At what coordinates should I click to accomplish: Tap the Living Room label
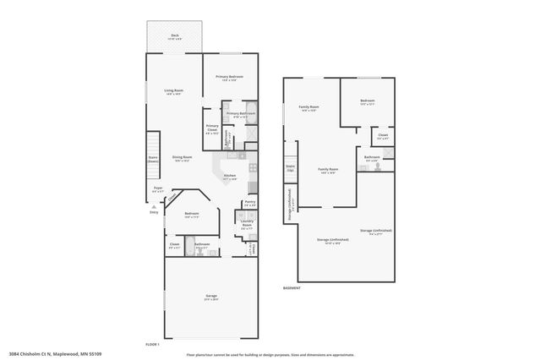(x=174, y=91)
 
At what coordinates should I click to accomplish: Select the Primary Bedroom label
(x=228, y=77)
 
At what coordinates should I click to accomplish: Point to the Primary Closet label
(x=212, y=128)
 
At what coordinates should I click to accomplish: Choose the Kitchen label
(x=229, y=176)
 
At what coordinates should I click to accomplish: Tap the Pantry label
(x=249, y=203)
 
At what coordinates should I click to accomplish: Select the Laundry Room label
(x=247, y=225)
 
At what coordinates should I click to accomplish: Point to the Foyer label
(x=157, y=189)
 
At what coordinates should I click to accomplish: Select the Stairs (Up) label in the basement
(x=290, y=167)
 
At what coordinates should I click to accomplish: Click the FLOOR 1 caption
(x=153, y=344)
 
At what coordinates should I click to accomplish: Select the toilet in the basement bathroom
(x=382, y=167)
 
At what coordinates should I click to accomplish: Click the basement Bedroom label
(x=367, y=102)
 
